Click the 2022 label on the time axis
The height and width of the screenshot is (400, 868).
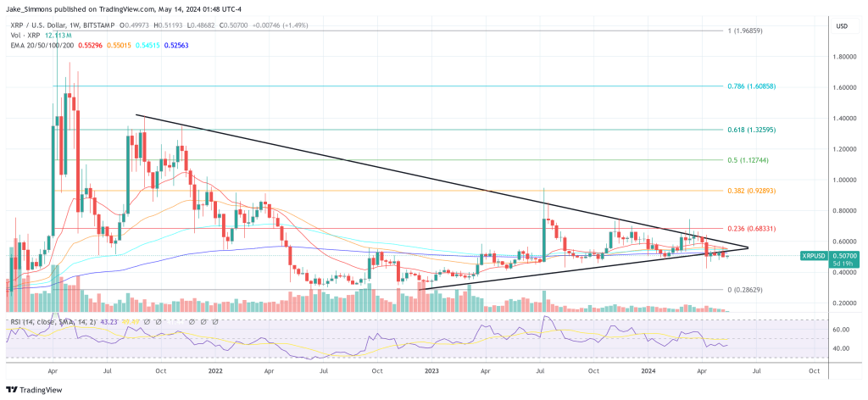[x=214, y=371]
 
